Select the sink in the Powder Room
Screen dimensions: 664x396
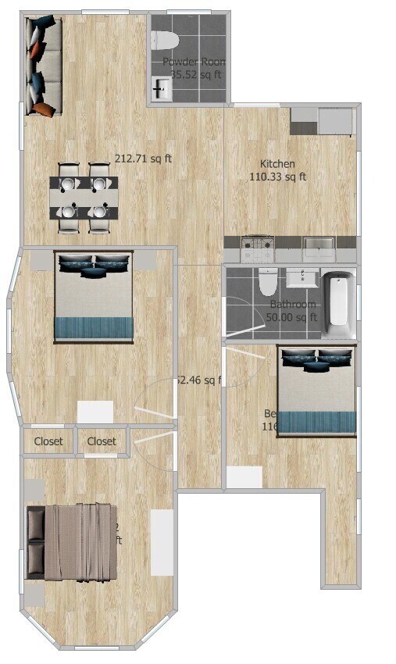161,87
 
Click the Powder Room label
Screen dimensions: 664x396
194,62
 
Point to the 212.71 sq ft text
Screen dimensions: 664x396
144,159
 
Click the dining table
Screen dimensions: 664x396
84,198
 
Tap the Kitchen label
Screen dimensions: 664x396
277,164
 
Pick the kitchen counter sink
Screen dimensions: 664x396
319,249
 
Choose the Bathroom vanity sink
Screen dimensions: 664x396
301,278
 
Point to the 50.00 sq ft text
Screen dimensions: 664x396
292,317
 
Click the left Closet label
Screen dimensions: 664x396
48,441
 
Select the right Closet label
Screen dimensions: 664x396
102,441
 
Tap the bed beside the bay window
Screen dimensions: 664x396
94,295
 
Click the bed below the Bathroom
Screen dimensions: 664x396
317,389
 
